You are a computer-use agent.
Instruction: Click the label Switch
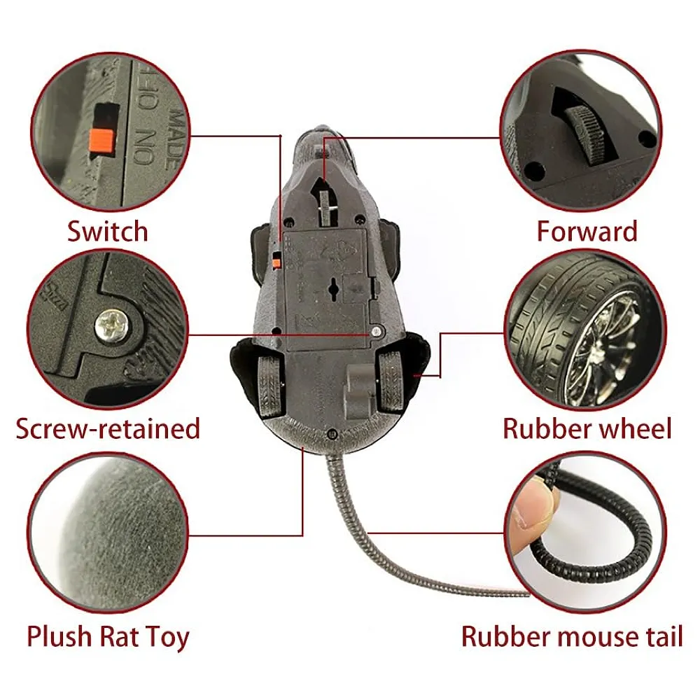(107, 231)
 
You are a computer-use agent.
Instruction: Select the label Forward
(587, 231)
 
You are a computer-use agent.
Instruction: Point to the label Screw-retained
(108, 428)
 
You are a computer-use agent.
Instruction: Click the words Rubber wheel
(587, 428)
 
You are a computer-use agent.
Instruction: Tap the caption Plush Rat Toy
(108, 637)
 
